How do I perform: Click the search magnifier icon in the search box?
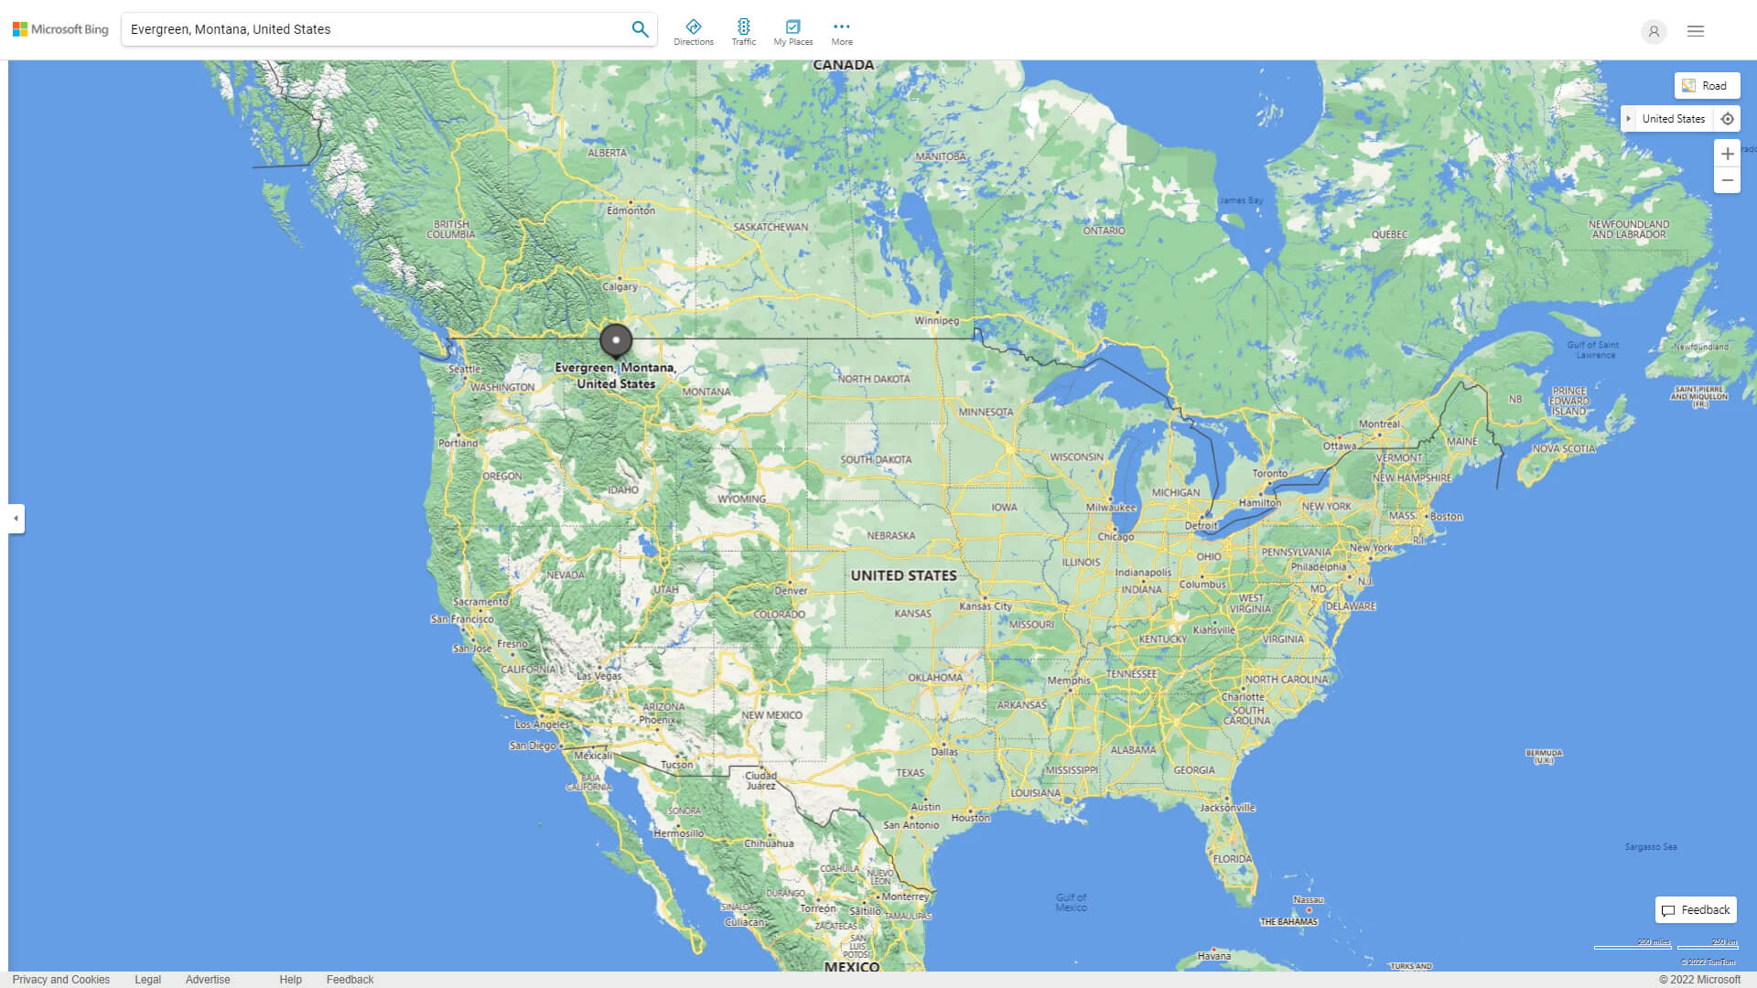(x=640, y=29)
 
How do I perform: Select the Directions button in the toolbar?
(x=694, y=32)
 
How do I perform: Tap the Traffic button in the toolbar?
(x=744, y=32)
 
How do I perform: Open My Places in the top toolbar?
(x=792, y=32)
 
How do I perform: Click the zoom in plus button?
(x=1727, y=154)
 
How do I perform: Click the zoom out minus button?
(x=1727, y=180)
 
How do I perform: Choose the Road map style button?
(x=1706, y=86)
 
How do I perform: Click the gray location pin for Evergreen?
(x=616, y=340)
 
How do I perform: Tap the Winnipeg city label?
(x=936, y=320)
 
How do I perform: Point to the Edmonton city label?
(x=631, y=210)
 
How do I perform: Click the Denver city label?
(x=791, y=590)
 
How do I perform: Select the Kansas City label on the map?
(x=986, y=606)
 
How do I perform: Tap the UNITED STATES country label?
(x=903, y=575)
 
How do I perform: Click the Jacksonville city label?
(x=1227, y=808)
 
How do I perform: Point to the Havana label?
(x=1214, y=956)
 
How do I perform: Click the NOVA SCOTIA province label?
(x=1564, y=448)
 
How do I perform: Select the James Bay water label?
(x=1240, y=200)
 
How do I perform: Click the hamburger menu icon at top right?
(x=1696, y=31)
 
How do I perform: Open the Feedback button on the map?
(x=1696, y=910)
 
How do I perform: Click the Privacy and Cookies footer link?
(x=61, y=980)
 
